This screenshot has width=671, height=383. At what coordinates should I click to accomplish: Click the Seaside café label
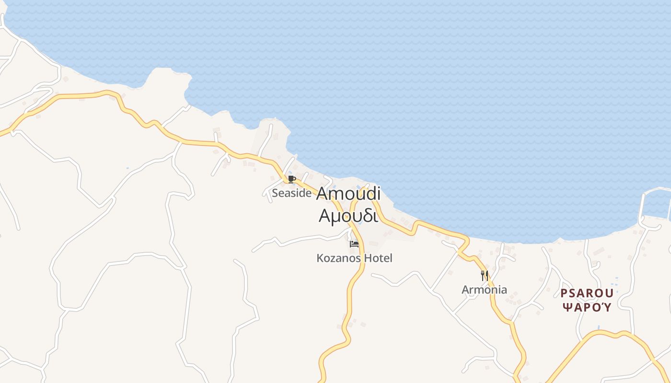pyautogui.click(x=291, y=193)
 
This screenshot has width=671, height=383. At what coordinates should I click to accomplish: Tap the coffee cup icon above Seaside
pyautogui.click(x=291, y=179)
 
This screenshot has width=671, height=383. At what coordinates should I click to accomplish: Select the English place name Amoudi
pyautogui.click(x=348, y=193)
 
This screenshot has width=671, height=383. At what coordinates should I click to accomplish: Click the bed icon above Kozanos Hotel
pyautogui.click(x=354, y=244)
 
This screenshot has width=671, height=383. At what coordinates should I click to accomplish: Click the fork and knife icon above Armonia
pyautogui.click(x=485, y=275)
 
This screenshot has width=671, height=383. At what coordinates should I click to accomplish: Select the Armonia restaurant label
pyautogui.click(x=484, y=290)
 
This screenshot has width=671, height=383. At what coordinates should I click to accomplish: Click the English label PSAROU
pyautogui.click(x=587, y=293)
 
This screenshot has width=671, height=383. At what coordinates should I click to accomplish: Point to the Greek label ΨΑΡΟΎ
pyautogui.click(x=587, y=307)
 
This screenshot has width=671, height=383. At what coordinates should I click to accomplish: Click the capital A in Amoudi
pyautogui.click(x=323, y=194)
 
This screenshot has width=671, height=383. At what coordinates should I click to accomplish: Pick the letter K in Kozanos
pyautogui.click(x=320, y=258)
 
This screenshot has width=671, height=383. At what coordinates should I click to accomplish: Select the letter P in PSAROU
pyautogui.click(x=564, y=293)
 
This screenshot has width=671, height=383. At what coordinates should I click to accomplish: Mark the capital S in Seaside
pyautogui.click(x=275, y=193)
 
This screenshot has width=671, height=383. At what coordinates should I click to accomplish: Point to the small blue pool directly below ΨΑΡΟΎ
pyautogui.click(x=599, y=327)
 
